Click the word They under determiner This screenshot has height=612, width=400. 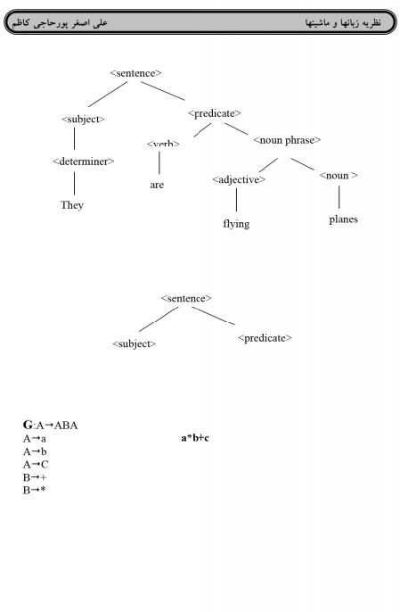72,205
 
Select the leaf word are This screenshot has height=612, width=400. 157,185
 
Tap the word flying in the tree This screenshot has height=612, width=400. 236,224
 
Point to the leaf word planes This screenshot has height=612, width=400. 343,219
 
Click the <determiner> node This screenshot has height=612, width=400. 84,161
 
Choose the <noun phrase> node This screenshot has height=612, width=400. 287,140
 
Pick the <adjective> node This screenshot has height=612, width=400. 239,180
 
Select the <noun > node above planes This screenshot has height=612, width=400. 339,176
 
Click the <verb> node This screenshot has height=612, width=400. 163,144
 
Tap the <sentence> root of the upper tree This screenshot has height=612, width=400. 135,73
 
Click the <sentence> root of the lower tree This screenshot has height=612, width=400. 186,299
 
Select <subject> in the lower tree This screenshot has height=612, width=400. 135,343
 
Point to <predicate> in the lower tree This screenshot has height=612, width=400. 265,338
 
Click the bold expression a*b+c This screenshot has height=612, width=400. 195,438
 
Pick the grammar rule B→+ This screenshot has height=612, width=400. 35,477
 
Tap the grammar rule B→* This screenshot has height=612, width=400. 35,491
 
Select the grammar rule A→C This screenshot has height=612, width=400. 36,465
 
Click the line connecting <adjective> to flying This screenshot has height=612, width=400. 236,200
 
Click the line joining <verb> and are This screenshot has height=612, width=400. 159,162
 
